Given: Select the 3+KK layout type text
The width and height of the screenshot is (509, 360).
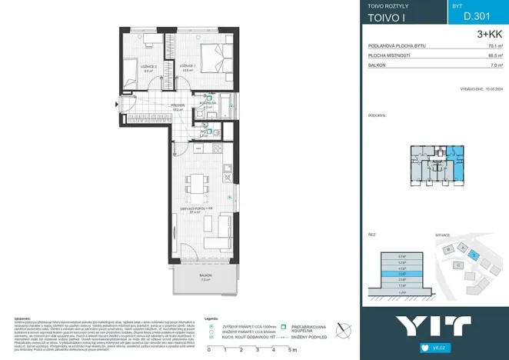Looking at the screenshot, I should click(x=489, y=34).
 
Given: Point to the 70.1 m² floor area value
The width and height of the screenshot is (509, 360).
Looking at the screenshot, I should click(x=494, y=46).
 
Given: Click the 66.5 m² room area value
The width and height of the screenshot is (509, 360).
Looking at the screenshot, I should click(x=494, y=56).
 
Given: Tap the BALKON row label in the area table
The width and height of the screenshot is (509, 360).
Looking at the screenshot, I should click(x=378, y=66).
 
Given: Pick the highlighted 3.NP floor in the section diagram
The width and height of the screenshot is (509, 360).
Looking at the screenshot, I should click(x=403, y=273).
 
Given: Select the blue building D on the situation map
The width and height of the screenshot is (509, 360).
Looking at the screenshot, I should click(x=474, y=255).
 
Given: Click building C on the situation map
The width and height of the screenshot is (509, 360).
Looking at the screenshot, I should click(x=458, y=265).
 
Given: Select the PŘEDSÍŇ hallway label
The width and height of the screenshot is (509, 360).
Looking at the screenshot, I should click(x=177, y=107).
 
